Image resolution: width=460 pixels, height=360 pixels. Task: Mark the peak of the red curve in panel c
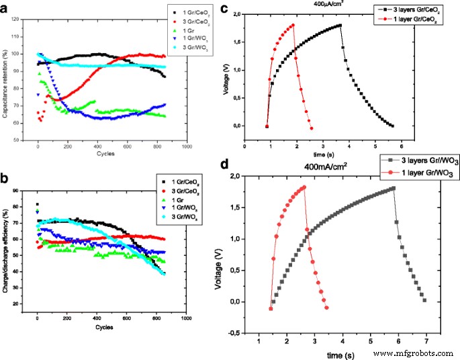click(x=293, y=26)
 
